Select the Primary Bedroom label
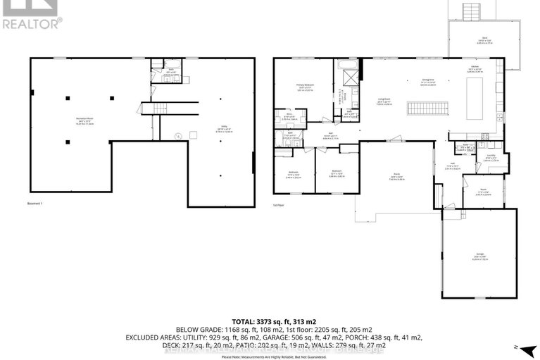click(304, 86)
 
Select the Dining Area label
click(427, 80)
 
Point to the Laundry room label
click(490, 156)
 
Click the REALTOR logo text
click(32, 22)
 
